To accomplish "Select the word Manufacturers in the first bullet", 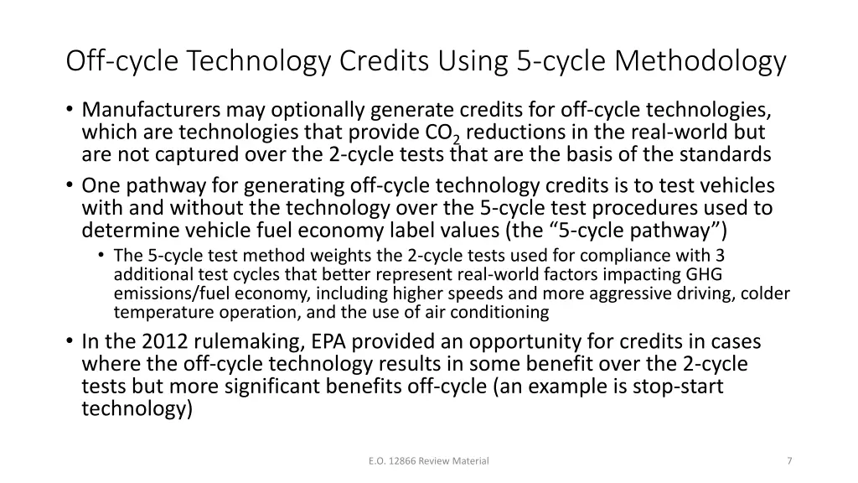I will coord(151,111).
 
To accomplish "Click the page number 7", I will coord(790,460).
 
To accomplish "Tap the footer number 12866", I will coord(400,460).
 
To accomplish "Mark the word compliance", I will coord(642,256).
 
